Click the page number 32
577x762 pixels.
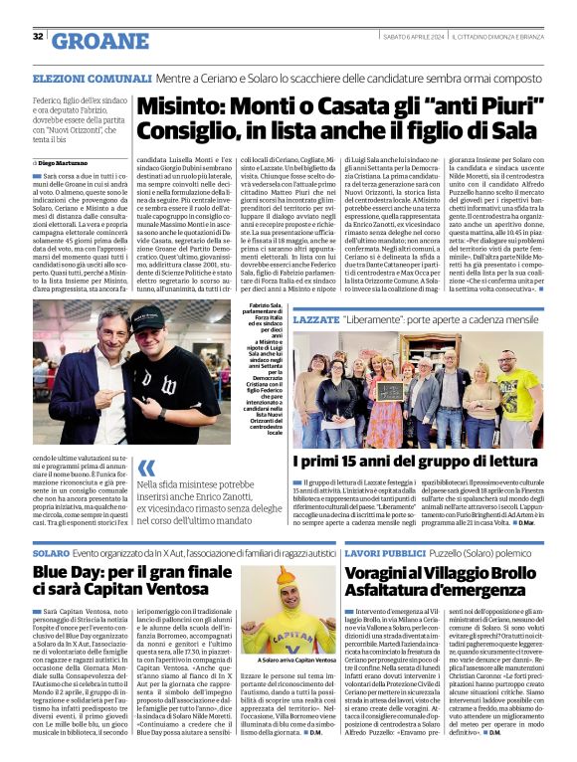[x=38, y=37]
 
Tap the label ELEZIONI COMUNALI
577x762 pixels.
[x=92, y=78]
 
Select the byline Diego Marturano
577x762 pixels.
[x=62, y=162]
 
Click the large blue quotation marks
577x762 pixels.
[x=147, y=467]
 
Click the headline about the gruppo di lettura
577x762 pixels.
[x=416, y=462]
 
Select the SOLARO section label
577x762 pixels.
[x=51, y=551]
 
